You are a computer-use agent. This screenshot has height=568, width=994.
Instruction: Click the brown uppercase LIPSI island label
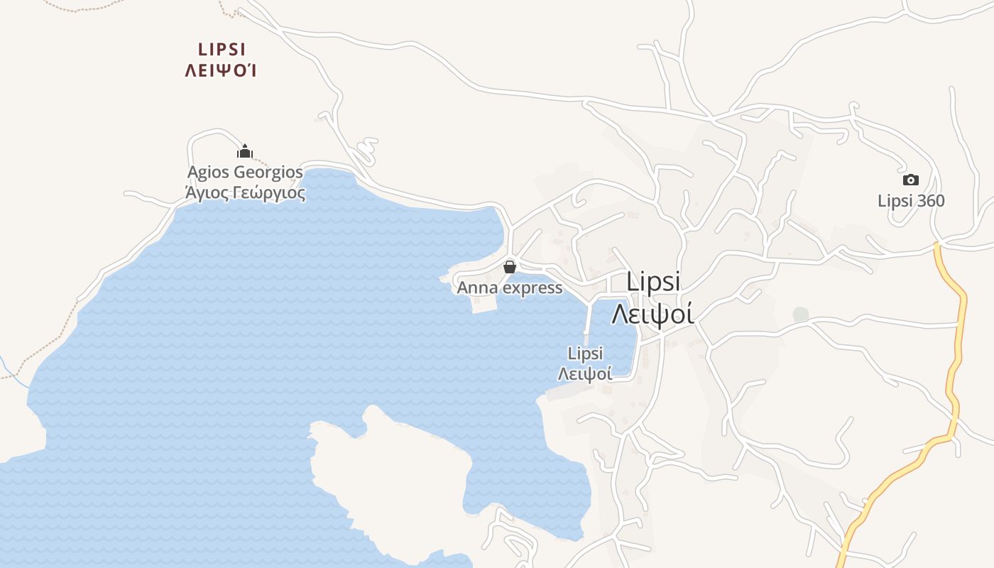[x=222, y=49]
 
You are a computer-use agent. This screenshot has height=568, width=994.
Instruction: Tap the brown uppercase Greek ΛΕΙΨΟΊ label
[x=220, y=70]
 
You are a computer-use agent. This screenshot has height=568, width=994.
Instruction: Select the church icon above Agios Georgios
[x=245, y=151]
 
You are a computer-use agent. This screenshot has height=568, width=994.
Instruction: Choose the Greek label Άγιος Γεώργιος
[x=245, y=192]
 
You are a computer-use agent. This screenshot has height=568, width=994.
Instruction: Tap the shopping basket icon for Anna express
[x=509, y=267]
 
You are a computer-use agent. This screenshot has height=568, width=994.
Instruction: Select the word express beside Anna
[x=532, y=288]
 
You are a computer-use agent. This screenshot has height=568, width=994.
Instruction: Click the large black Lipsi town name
[x=653, y=281]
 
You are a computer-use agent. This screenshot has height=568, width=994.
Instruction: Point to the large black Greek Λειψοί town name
[x=652, y=312]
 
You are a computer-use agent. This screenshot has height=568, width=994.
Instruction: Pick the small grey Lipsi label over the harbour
[x=586, y=353]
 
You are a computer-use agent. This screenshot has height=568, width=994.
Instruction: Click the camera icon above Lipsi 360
[x=910, y=180]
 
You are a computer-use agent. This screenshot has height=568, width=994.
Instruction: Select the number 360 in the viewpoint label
[x=930, y=201]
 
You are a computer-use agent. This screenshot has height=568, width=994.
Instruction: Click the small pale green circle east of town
[x=800, y=314]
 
